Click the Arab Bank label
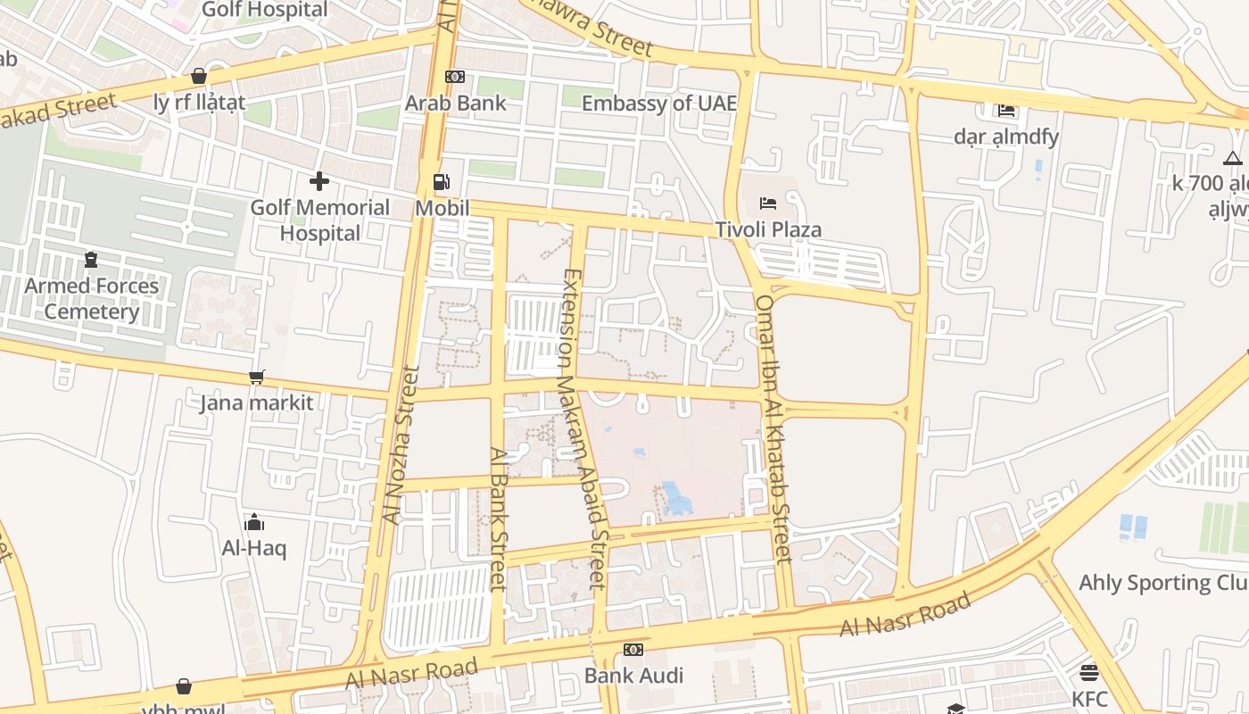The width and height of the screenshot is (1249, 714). (x=455, y=103)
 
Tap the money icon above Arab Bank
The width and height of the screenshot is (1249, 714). (x=455, y=77)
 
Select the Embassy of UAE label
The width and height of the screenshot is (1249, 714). (x=659, y=104)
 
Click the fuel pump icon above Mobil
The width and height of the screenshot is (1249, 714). (x=442, y=182)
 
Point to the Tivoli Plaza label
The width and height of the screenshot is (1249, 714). (x=768, y=229)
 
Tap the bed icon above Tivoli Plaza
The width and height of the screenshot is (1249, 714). (x=768, y=203)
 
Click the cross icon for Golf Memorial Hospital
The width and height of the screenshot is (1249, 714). (x=319, y=182)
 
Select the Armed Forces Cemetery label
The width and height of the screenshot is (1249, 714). (x=91, y=299)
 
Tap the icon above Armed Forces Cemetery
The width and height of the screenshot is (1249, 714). (x=90, y=260)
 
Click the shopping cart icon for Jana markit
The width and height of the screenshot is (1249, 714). (x=257, y=378)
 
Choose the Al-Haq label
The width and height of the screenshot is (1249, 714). (x=254, y=548)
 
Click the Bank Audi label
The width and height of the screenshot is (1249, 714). (x=633, y=676)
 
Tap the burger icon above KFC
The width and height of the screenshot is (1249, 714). (x=1088, y=672)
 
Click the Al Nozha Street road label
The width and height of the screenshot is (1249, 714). (x=401, y=444)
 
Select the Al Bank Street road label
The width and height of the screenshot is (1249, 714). (x=498, y=518)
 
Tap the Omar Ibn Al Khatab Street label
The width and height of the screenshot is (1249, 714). (x=773, y=428)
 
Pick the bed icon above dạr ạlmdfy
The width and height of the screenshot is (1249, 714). (x=1006, y=111)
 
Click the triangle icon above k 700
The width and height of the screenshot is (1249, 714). (x=1233, y=159)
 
